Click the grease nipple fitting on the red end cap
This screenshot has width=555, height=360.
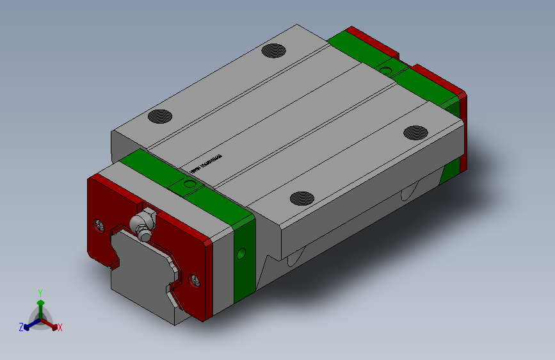pyautogui.click(x=141, y=225)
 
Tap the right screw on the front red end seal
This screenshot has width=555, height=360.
pyautogui.click(x=195, y=279)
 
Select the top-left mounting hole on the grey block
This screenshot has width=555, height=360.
pyautogui.click(x=160, y=117)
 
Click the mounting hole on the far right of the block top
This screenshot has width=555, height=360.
pyautogui.click(x=415, y=132)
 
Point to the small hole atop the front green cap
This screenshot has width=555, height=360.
pyautogui.click(x=188, y=184)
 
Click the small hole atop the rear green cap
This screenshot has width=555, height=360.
pyautogui.click(x=386, y=68)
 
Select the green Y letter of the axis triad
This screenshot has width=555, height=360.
pyautogui.click(x=40, y=292)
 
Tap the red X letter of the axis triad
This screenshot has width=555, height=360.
pyautogui.click(x=60, y=328)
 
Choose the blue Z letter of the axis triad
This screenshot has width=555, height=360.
pyautogui.click(x=20, y=327)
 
